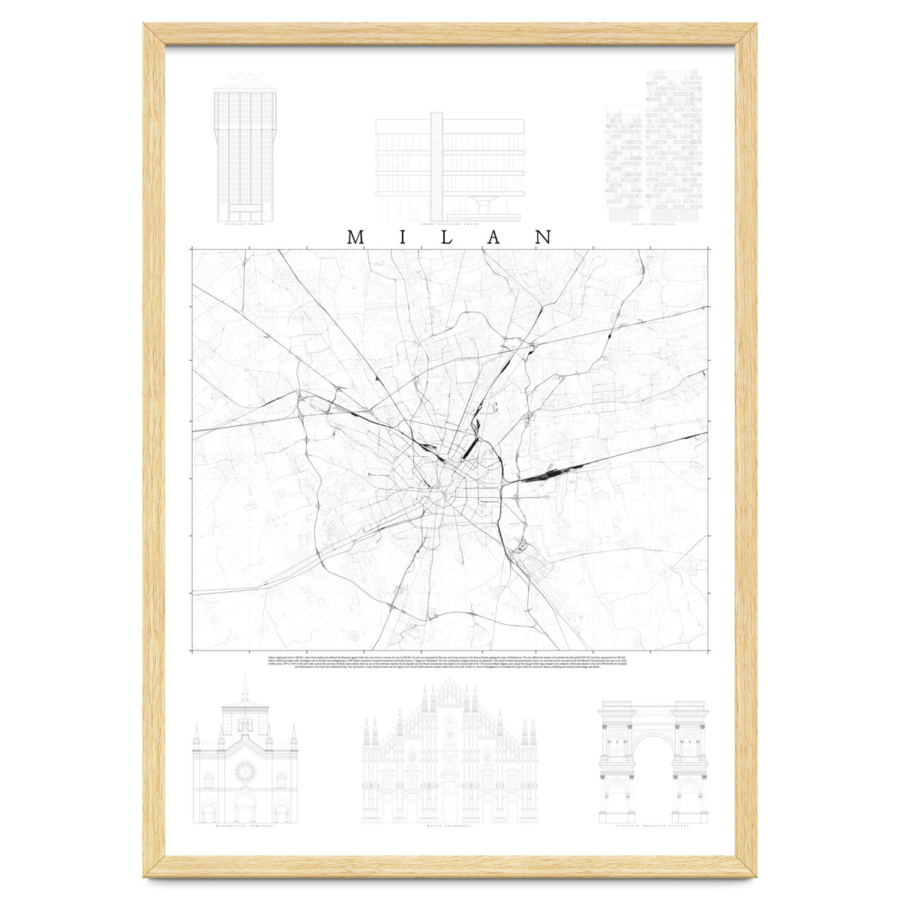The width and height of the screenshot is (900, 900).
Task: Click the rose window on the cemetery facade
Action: coord(244,770)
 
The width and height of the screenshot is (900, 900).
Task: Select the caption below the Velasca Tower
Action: coord(244,223)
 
